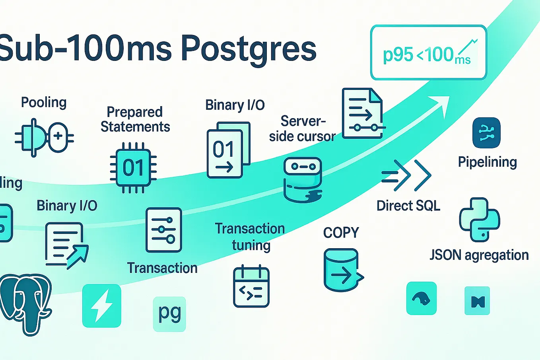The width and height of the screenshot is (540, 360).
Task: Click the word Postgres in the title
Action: [248, 49]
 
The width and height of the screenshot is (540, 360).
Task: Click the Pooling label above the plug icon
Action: [44, 103]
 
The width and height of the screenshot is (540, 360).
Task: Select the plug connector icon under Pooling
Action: [44, 138]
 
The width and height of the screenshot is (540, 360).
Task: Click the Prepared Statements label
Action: [135, 119]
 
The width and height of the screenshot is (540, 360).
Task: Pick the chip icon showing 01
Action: [133, 167]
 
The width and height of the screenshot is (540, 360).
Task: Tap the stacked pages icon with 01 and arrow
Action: [228, 150]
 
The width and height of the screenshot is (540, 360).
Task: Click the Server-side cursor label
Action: [303, 128]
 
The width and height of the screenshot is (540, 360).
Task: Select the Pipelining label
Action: [488, 162]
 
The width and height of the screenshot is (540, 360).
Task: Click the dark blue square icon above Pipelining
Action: [486, 132]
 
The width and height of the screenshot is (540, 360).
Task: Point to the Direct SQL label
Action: [408, 206]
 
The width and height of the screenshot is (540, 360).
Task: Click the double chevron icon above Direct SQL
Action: [406, 175]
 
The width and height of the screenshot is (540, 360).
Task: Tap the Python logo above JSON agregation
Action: [480, 220]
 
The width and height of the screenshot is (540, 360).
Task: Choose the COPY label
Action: [341, 233]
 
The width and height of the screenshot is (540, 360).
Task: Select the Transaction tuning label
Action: [250, 237]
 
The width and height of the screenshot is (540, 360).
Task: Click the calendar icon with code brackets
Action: [251, 286]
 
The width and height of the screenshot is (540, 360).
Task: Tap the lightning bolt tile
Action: [102, 306]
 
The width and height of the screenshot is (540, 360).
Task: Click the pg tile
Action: [169, 314]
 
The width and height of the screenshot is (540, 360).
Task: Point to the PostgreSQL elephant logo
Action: [25, 304]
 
